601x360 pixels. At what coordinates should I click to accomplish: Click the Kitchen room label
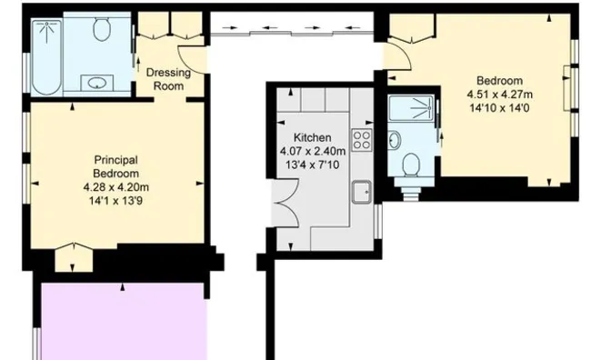coord(312,137)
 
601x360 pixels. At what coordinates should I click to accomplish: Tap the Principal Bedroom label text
coord(115,166)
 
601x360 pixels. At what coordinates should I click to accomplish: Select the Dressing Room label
coord(168,79)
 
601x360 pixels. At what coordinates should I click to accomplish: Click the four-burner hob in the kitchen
coord(362,140)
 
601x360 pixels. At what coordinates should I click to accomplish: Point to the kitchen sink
coord(362,192)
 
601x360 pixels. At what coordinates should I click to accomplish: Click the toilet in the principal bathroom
coord(102,27)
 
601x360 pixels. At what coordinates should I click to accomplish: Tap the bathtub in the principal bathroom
coord(46,57)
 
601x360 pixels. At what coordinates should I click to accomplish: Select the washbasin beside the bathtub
coord(97,83)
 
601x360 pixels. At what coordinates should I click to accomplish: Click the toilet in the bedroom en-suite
coord(410,165)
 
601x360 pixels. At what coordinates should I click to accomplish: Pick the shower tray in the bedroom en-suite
coord(411,108)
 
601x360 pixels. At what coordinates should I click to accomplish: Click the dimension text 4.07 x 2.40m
coord(313,151)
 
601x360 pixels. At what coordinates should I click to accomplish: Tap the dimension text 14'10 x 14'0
coord(499,108)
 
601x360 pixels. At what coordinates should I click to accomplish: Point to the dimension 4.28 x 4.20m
coord(115,187)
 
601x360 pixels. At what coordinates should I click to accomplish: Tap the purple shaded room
coord(124,321)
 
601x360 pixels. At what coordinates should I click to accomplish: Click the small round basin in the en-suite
coord(394,140)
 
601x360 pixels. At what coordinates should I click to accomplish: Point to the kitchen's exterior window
coord(378,221)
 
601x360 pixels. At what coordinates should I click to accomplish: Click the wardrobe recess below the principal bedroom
coord(74,257)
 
